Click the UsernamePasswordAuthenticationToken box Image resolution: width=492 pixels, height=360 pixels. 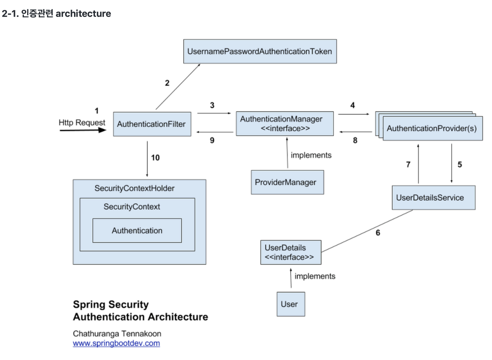[x=260, y=51]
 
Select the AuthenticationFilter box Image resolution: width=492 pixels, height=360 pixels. [x=152, y=124]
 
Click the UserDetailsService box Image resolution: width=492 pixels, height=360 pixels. [x=433, y=197]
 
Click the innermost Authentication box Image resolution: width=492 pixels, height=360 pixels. [x=137, y=231]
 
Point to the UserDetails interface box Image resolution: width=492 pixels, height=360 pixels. [x=291, y=252]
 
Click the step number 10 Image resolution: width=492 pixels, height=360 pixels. [x=155, y=158]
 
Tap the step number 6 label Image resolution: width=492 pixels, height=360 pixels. [x=378, y=233]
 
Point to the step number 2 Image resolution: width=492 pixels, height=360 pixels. [x=167, y=83]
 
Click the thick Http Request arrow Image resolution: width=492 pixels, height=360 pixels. [x=83, y=130]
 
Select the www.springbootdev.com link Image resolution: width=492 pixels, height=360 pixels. [x=116, y=343]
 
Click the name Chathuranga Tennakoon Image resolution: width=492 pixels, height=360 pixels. [x=117, y=333]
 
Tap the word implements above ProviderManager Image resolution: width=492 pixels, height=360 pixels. [x=311, y=156]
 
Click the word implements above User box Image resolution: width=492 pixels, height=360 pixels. [x=315, y=276]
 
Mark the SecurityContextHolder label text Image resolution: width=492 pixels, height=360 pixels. [x=135, y=189]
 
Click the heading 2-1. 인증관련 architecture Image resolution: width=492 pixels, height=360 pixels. [x=56, y=14]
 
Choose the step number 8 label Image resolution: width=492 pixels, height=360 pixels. [x=355, y=141]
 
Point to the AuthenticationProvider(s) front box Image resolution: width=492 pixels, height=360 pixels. [x=432, y=129]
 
